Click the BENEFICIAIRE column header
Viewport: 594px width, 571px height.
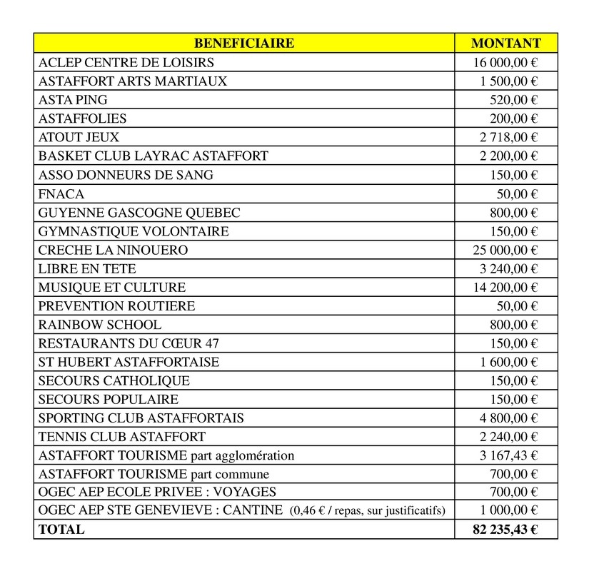pyautogui.click(x=244, y=44)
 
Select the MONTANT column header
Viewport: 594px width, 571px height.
pyautogui.click(x=506, y=44)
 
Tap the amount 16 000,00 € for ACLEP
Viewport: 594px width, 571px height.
pyautogui.click(x=505, y=63)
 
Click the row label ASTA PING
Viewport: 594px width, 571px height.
pyautogui.click(x=73, y=100)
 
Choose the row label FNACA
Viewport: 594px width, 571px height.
pyautogui.click(x=61, y=193)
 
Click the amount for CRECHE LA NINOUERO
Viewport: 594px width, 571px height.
pyautogui.click(x=505, y=250)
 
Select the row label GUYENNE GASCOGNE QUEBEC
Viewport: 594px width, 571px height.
pyautogui.click(x=139, y=212)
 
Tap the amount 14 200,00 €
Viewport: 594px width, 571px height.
pyautogui.click(x=505, y=287)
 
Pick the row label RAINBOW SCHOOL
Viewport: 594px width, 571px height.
pyautogui.click(x=100, y=325)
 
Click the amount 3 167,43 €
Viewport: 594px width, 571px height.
pyautogui.click(x=508, y=455)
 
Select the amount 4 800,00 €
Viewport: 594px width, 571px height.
pyautogui.click(x=508, y=418)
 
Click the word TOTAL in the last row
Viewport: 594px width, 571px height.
pyautogui.click(x=61, y=530)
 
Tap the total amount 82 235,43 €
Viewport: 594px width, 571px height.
pyautogui.click(x=505, y=530)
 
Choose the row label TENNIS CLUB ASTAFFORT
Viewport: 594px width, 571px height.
pyautogui.click(x=122, y=436)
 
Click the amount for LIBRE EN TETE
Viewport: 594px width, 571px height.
pyautogui.click(x=508, y=268)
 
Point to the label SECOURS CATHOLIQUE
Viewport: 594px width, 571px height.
pyautogui.click(x=114, y=380)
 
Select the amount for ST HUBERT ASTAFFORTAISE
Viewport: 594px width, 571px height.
pyautogui.click(x=508, y=362)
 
